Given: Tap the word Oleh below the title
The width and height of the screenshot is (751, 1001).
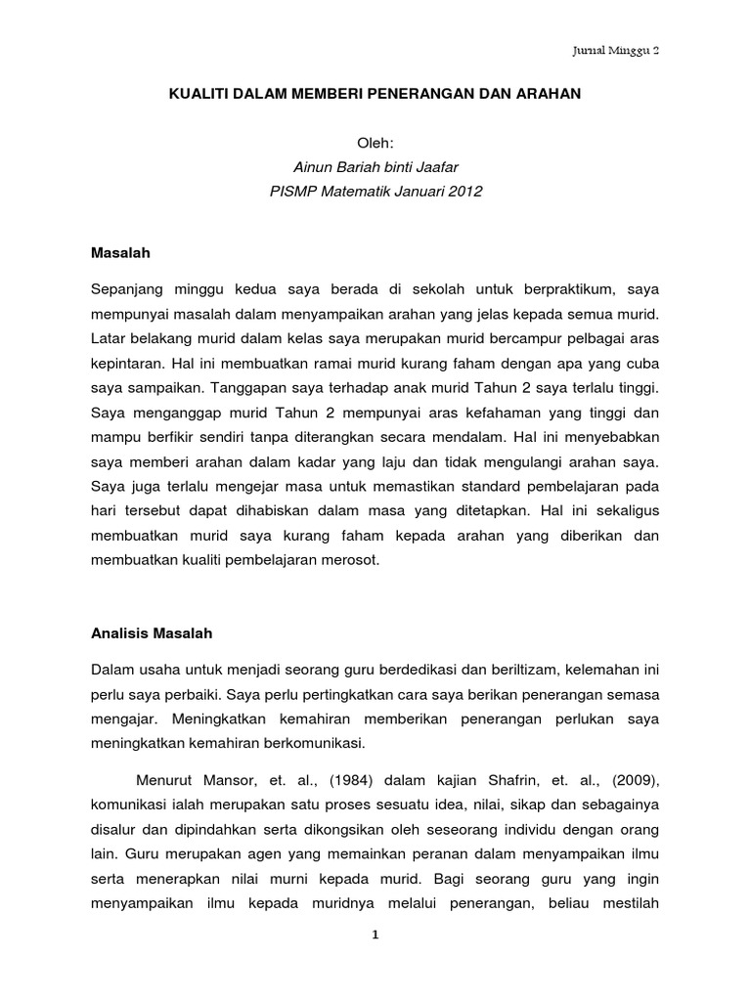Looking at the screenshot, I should (375, 143).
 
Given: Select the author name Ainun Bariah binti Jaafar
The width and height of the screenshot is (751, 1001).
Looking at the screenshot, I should (375, 167).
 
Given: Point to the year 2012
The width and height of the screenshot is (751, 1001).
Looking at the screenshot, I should (464, 192).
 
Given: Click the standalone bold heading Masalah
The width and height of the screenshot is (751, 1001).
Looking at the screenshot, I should (120, 251).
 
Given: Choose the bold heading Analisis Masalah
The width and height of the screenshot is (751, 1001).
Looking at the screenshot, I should (151, 632).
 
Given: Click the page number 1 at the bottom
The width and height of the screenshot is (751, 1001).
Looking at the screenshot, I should (375, 935).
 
